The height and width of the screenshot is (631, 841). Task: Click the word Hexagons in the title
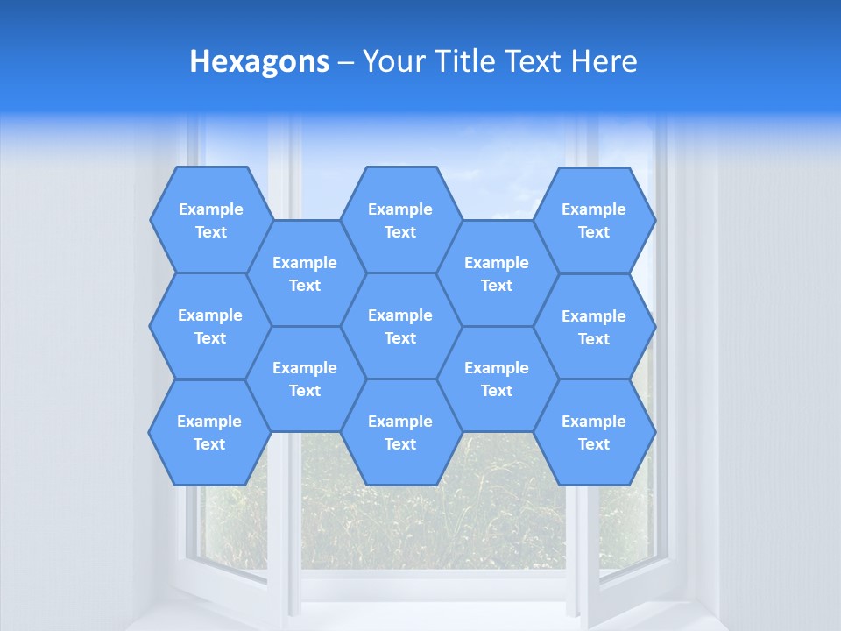(x=259, y=61)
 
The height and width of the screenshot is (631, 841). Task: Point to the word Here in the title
(x=604, y=61)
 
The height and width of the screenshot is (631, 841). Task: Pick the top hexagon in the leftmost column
(x=210, y=220)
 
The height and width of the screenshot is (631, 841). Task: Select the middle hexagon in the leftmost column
(x=210, y=326)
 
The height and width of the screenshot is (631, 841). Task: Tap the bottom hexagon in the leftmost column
(x=209, y=432)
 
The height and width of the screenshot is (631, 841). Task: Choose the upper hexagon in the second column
(x=305, y=273)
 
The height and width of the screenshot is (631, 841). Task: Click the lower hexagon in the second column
(x=305, y=379)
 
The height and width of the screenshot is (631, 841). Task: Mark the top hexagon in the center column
(x=400, y=220)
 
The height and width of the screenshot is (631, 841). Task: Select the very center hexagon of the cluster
(x=400, y=326)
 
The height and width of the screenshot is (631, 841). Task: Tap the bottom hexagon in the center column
(x=400, y=432)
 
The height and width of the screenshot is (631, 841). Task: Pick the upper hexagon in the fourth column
(x=497, y=273)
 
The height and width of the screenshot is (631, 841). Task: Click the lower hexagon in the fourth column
(x=497, y=379)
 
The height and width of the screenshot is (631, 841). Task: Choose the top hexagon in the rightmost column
(x=594, y=220)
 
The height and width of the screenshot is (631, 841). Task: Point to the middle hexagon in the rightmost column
(x=594, y=327)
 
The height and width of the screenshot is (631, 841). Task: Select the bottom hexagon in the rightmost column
(x=594, y=432)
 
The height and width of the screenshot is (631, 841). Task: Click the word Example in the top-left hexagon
(x=210, y=209)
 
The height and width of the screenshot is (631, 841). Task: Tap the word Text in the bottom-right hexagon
(x=594, y=444)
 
